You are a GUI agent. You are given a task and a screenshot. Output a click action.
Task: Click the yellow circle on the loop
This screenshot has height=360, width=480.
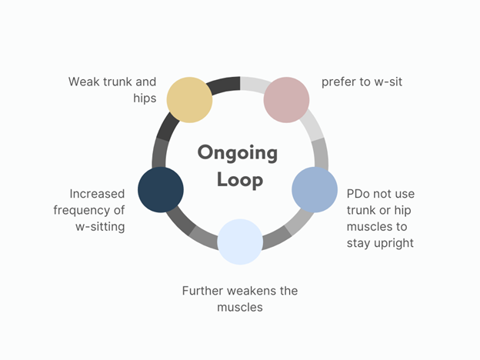tap(189, 100)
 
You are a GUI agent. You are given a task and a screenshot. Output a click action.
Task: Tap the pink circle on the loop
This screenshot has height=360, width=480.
tap(286, 100)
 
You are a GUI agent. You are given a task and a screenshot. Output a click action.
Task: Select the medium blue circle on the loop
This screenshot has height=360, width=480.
tap(315, 190)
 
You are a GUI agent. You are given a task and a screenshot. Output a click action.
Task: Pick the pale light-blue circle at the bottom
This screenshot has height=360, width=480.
tap(240, 242)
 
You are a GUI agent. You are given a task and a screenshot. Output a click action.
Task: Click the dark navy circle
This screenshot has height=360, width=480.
tap(161, 190)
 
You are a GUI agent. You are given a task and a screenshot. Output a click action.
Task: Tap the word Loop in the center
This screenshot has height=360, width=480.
tap(240, 180)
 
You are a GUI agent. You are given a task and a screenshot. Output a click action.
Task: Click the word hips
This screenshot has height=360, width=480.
tap(145, 98)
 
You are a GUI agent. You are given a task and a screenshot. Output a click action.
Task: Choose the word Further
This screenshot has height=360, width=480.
tap(203, 291)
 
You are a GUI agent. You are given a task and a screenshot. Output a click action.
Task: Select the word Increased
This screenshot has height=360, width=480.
tap(97, 194)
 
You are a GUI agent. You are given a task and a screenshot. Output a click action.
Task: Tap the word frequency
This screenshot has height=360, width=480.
tap(80, 211)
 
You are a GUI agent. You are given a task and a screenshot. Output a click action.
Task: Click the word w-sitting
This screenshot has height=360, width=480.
tap(100, 227)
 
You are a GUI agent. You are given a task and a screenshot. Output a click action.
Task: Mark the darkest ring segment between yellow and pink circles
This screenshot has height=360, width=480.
tap(225, 85)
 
